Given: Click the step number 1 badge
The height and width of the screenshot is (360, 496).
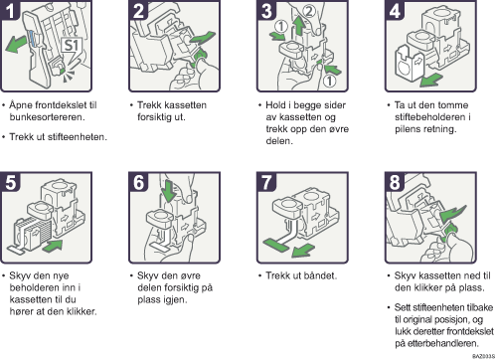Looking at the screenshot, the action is pyautogui.click(x=10, y=10).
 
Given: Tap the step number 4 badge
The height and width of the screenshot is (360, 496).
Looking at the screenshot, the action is pyautogui.click(x=395, y=10).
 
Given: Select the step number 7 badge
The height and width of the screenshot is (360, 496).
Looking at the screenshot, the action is pyautogui.click(x=266, y=182).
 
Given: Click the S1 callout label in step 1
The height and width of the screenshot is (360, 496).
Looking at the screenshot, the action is pyautogui.click(x=71, y=45).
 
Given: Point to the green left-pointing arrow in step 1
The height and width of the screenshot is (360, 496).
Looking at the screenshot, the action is pyautogui.click(x=17, y=44).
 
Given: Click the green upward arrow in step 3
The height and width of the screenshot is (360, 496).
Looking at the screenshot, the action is pyautogui.click(x=299, y=26).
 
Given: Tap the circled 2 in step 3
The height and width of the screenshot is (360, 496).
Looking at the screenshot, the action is pyautogui.click(x=309, y=11).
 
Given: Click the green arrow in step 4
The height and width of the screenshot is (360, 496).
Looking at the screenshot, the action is pyautogui.click(x=430, y=80).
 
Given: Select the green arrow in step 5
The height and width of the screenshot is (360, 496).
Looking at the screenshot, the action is pyautogui.click(x=53, y=246).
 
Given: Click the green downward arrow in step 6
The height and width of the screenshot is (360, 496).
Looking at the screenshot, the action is pyautogui.click(x=169, y=190).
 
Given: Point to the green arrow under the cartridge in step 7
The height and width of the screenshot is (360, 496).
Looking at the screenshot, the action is pyautogui.click(x=303, y=250).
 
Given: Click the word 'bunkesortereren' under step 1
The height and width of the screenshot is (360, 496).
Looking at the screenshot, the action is pyautogui.click(x=47, y=117).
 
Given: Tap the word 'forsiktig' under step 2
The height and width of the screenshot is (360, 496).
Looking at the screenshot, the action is pyautogui.click(x=155, y=117).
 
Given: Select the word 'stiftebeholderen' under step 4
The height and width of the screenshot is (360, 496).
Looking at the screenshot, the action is pyautogui.click(x=429, y=117).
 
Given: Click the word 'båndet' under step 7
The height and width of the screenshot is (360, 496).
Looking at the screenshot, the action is pyautogui.click(x=320, y=275).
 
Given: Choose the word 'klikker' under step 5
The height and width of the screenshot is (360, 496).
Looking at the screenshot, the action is pyautogui.click(x=81, y=311).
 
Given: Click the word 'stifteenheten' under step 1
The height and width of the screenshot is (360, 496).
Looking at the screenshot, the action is pyautogui.click(x=77, y=137).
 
